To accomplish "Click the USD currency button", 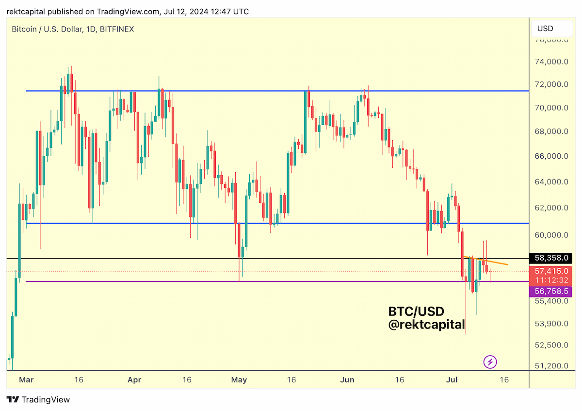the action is click(551, 28).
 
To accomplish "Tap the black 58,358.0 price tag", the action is click(550, 258).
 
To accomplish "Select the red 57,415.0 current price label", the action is click(551, 271).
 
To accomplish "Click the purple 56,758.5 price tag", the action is click(550, 291).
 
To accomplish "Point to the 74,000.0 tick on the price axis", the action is click(551, 62).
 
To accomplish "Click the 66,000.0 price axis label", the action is click(551, 156).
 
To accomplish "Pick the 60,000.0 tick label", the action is click(551, 235).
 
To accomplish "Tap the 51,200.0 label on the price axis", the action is click(551, 366).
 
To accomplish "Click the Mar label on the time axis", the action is click(26, 380).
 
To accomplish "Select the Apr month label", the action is click(134, 380).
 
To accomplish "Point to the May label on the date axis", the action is click(239, 380).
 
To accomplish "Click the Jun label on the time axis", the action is click(347, 380).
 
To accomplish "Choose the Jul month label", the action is click(452, 380).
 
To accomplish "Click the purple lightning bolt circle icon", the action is click(490, 362).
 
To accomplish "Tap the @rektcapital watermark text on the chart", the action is click(426, 325).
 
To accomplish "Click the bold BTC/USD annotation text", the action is click(416, 312).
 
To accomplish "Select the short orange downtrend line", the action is click(485, 261).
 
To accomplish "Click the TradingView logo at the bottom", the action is click(38, 399).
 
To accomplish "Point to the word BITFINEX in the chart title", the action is click(117, 29).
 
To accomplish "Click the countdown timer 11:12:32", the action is click(551, 280).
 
